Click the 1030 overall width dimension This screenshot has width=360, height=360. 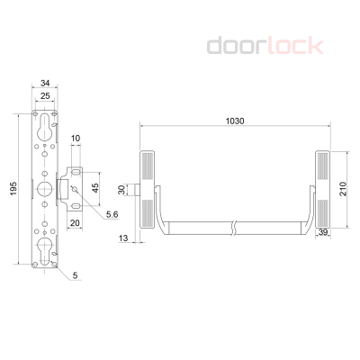[235, 121]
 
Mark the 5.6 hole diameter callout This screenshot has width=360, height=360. [112, 215]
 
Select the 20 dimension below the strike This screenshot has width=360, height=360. [75, 223]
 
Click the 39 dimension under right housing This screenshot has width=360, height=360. [324, 232]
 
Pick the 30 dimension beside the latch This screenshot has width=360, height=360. [121, 190]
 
